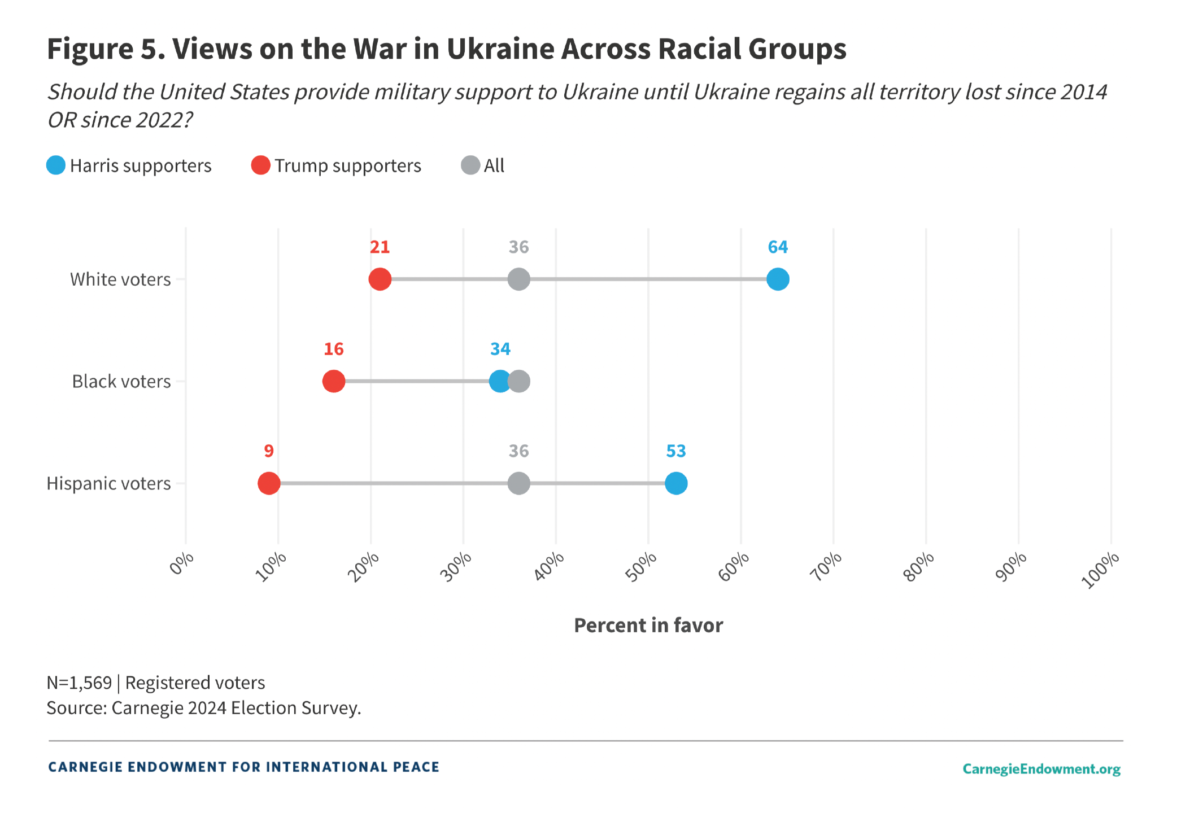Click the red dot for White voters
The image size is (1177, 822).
pos(380,279)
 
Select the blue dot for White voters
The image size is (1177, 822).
pos(778,279)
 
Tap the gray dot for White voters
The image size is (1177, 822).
pos(518,279)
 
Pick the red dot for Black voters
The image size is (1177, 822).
pos(333,381)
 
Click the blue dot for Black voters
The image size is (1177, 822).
pos(499,381)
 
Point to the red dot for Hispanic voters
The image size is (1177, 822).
pos(269,483)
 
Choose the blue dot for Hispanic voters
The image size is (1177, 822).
pos(676,483)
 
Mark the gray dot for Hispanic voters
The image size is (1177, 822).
pos(518,483)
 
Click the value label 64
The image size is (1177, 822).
pos(778,247)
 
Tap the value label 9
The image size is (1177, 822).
pos(269,451)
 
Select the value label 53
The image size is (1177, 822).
pos(676,451)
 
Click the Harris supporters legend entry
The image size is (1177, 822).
pos(129,165)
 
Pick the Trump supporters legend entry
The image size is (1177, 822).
pos(337,165)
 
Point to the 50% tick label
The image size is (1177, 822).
pos(642,566)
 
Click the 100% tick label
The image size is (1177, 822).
pos(1100,570)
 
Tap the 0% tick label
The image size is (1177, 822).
pos(182,563)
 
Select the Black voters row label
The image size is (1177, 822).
pos(121,382)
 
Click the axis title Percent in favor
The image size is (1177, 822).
pos(648,626)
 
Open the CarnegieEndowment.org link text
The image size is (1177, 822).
pos(1041,769)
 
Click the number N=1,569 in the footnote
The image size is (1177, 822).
pos(79,683)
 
